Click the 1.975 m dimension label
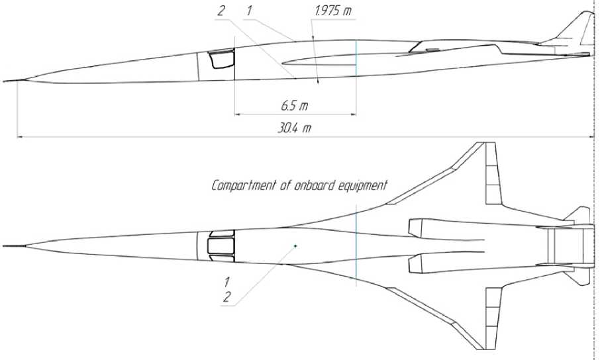pos(333,11)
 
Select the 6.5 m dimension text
pos(294,105)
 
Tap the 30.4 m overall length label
pos(294,128)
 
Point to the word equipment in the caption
pos(363,185)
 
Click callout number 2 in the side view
pos(221,11)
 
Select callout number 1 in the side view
pos(249,11)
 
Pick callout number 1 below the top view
pos(226,283)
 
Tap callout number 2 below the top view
pos(226,297)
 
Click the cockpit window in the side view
pos(222,59)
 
